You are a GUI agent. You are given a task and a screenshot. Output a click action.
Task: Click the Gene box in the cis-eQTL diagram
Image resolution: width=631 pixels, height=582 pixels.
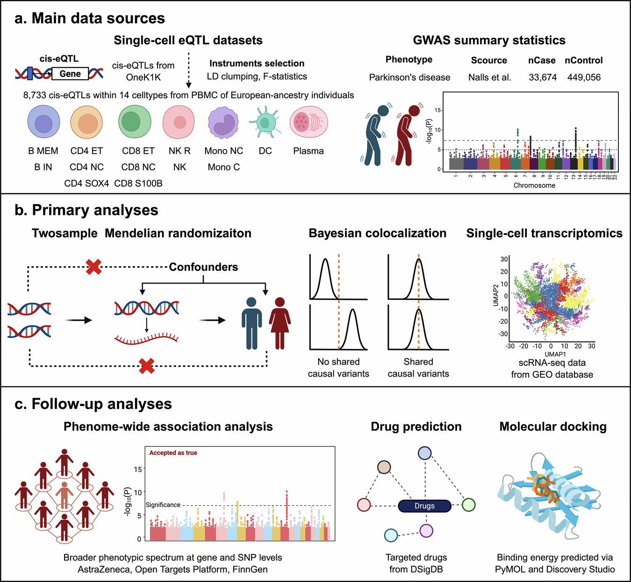pyautogui.click(x=70, y=74)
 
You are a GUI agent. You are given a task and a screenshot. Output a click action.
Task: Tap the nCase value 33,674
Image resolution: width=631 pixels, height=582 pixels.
pyautogui.click(x=543, y=77)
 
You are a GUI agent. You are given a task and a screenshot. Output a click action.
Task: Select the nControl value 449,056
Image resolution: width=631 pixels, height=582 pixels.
pyautogui.click(x=584, y=77)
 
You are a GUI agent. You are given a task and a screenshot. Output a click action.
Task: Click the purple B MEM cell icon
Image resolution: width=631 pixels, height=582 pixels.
pyautogui.click(x=43, y=122)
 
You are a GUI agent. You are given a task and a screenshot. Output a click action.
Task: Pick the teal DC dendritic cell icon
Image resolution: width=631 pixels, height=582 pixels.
pyautogui.click(x=265, y=122)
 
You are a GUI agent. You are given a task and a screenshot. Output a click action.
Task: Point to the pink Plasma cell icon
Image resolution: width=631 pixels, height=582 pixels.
pyautogui.click(x=308, y=122)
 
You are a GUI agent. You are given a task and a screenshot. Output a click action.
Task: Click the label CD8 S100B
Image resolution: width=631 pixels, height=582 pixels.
pyautogui.click(x=138, y=183)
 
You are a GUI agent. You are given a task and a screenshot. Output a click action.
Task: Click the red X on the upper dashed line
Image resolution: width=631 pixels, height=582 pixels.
pyautogui.click(x=93, y=267)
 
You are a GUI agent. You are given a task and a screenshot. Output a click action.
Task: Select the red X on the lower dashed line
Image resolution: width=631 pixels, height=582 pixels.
pyautogui.click(x=147, y=366)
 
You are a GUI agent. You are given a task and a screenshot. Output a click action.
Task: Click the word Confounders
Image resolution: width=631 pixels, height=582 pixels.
pyautogui.click(x=203, y=267)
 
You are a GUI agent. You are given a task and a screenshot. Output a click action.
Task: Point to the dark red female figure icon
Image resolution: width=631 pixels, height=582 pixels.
pyautogui.click(x=280, y=323)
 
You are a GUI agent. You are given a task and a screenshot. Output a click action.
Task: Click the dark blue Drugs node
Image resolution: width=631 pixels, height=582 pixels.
pyautogui.click(x=424, y=506)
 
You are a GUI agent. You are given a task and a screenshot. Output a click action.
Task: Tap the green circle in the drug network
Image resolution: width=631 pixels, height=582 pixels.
pyautogui.click(x=468, y=505)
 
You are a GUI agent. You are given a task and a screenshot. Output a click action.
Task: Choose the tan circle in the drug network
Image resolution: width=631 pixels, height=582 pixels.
pyautogui.click(x=384, y=467)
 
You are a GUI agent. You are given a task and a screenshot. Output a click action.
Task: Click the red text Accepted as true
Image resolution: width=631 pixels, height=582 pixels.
pyautogui.click(x=173, y=452)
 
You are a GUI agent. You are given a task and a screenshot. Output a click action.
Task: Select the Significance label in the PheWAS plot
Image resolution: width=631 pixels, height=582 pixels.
pyautogui.click(x=163, y=505)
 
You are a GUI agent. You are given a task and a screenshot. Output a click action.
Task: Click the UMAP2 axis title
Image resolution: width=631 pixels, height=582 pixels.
pyautogui.click(x=496, y=295)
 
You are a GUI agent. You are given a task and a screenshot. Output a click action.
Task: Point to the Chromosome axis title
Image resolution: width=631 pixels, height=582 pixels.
pyautogui.click(x=534, y=185)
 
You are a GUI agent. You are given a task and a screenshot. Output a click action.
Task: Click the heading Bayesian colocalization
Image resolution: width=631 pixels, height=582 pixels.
pyautogui.click(x=377, y=233)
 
